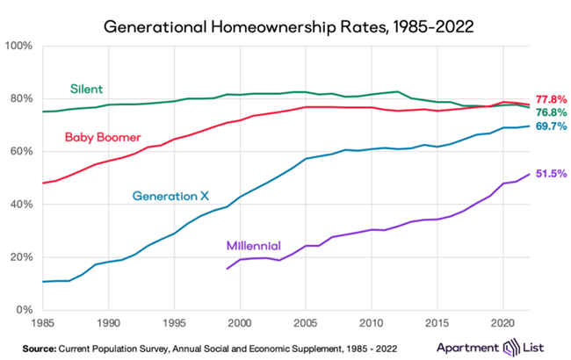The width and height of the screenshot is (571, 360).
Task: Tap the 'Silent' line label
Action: (x=87, y=90)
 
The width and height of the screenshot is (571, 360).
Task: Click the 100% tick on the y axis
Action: (x=21, y=45)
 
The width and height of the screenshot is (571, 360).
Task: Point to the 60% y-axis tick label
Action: (x=23, y=151)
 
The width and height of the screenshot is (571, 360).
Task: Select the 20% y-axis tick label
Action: (x=23, y=257)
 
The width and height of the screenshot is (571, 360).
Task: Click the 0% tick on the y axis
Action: (x=25, y=310)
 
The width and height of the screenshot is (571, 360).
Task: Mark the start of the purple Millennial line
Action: (x=227, y=269)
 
